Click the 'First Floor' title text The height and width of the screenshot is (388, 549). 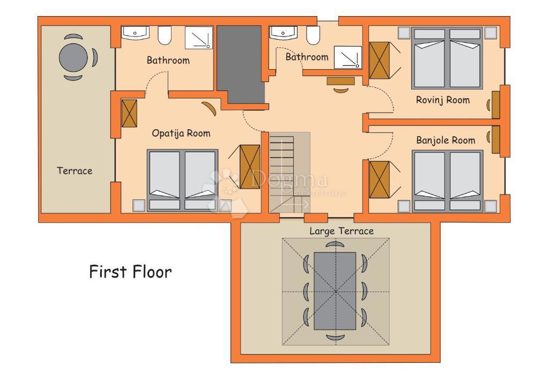pos(130,272)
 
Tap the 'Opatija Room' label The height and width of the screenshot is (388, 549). pos(181,133)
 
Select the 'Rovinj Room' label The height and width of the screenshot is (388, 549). pos(442,100)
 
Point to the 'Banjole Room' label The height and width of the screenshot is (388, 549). pos(445,140)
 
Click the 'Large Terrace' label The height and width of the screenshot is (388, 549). pos(342,231)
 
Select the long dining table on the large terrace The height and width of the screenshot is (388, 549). pos(335,291)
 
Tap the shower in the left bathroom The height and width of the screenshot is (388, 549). pos(199,38)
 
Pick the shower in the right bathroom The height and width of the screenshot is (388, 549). pos(347,57)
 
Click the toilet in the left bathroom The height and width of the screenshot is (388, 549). pos(165,35)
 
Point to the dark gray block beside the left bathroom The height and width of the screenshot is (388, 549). pos(240,63)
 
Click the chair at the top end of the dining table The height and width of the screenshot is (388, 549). pos(335,245)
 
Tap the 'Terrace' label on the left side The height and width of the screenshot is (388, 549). pos(75,171)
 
